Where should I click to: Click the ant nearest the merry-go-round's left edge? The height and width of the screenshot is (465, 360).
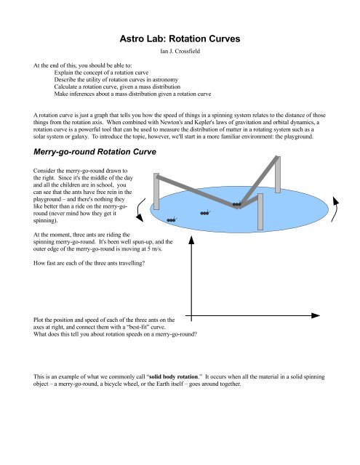172,219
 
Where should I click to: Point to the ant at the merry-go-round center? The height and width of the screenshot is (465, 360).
236,206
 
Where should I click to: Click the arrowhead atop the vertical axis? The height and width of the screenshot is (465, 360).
190,239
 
